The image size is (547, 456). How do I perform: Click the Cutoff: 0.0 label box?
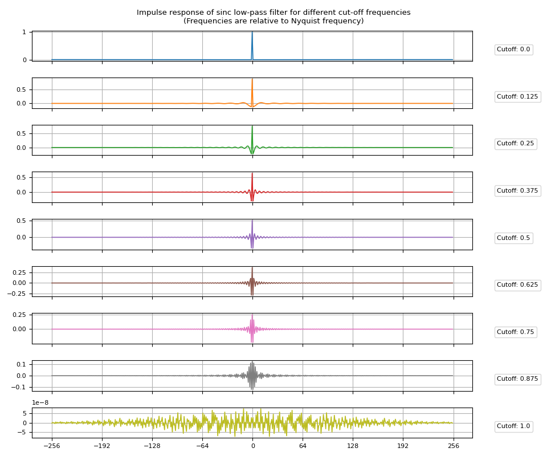pos(513,50)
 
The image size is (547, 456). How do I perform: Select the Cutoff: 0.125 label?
pos(517,97)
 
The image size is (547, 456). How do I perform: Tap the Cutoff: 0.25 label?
pos(515,144)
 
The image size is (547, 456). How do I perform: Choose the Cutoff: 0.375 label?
pos(517,191)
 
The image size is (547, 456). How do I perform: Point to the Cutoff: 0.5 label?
pos(513,238)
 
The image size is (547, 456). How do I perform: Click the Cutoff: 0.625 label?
pos(517,285)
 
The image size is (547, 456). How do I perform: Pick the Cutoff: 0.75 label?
pos(515,332)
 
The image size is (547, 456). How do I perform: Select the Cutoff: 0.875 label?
pos(517,379)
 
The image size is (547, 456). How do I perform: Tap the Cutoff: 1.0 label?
pos(513,426)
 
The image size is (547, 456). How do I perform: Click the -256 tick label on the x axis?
pos(52,446)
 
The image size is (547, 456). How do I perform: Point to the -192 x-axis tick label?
pos(102,446)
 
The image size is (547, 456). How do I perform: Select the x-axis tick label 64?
pos(303,446)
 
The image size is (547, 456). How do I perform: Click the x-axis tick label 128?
pos(353,446)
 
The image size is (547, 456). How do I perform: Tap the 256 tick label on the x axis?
pos(453,446)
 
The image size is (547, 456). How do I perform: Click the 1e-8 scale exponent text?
pos(40,403)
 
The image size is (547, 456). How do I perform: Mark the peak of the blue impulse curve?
pos(252,32)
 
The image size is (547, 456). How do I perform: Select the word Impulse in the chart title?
pos(152,13)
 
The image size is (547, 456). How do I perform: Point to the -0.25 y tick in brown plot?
pos(17,294)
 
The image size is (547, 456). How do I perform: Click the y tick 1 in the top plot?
pos(24,32)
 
